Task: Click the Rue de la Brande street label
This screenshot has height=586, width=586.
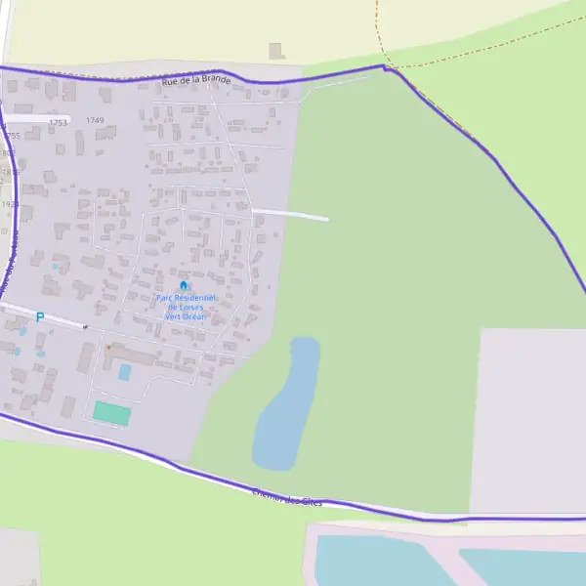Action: [x=196, y=79]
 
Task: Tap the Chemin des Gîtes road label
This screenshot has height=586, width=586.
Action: [x=286, y=498]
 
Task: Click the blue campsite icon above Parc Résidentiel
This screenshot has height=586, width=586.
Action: [x=184, y=285]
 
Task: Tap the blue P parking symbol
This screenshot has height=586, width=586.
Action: [x=40, y=317]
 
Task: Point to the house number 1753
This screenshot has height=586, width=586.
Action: [x=58, y=122]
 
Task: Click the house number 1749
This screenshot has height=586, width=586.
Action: [x=94, y=120]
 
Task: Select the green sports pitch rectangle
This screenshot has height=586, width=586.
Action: [x=111, y=413]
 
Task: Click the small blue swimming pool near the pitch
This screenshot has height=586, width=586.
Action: [x=125, y=372]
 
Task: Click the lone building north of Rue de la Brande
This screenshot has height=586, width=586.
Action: [x=276, y=50]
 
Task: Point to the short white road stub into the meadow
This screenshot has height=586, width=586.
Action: [x=290, y=214]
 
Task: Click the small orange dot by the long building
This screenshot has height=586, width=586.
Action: [x=108, y=347]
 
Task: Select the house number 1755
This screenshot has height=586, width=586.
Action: [x=11, y=136]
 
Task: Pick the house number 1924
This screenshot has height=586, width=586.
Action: [x=10, y=204]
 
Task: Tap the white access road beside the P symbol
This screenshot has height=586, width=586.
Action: [x=61, y=320]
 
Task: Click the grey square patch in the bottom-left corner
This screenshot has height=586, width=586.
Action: [x=19, y=556]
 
